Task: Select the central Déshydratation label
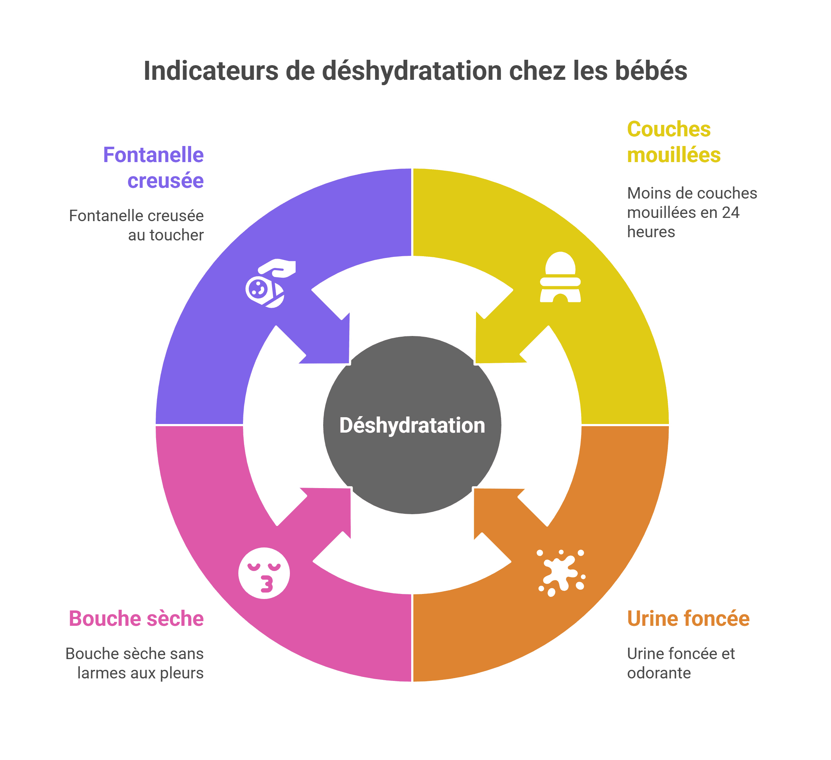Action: coord(412,425)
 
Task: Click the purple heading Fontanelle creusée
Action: coord(153,168)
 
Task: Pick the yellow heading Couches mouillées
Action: coord(673,142)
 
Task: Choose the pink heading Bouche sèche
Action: coord(136,619)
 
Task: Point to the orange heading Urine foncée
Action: coord(688,619)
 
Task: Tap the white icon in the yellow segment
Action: coord(560,277)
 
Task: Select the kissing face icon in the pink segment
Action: coord(264,573)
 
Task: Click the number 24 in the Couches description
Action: coord(730,213)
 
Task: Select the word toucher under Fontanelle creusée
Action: coord(177,235)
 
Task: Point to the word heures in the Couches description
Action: coord(651,232)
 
